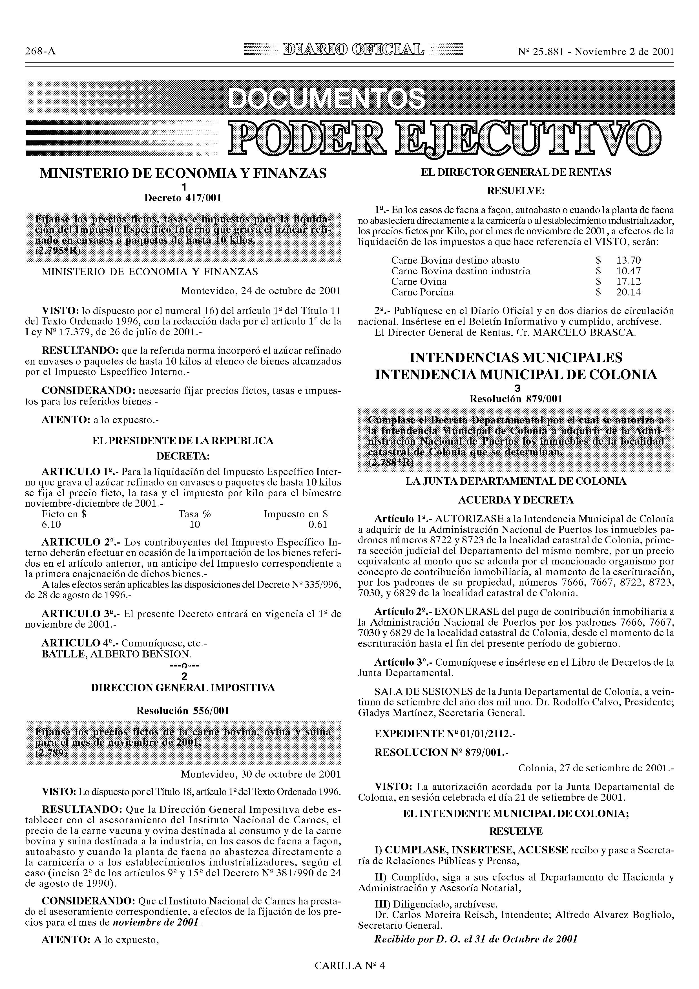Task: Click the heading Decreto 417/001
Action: (183, 198)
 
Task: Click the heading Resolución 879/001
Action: (516, 399)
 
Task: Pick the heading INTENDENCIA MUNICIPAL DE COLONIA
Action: (516, 375)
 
